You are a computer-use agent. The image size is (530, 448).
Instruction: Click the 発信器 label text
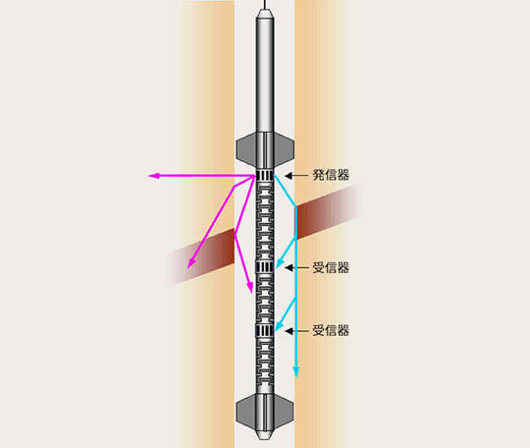331,175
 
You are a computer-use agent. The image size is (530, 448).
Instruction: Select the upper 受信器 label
331,267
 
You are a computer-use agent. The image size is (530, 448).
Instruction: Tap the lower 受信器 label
331,330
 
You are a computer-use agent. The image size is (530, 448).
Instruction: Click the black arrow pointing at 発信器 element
296,175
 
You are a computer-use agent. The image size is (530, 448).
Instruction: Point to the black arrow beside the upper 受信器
296,267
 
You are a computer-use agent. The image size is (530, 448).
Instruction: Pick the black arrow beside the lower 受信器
296,330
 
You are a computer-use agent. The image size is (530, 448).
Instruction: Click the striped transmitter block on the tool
265,175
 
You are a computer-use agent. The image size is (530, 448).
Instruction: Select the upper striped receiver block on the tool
265,267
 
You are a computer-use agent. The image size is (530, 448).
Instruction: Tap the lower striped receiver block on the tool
265,330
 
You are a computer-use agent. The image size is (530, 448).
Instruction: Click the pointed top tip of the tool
265,10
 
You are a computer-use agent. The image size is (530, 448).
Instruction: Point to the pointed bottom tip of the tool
265,438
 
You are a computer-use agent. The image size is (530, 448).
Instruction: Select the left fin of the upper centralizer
246,148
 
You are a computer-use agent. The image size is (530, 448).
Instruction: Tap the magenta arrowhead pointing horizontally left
154,176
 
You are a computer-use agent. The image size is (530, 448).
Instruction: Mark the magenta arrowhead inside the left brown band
191,262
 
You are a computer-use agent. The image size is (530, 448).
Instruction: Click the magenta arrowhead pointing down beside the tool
250,288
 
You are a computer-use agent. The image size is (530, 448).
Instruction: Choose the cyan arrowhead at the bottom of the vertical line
296,372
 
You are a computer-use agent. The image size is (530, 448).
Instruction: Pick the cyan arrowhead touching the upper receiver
280,262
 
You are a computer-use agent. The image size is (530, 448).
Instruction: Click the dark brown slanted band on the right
329,210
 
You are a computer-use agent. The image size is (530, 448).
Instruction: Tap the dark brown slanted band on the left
200,257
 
